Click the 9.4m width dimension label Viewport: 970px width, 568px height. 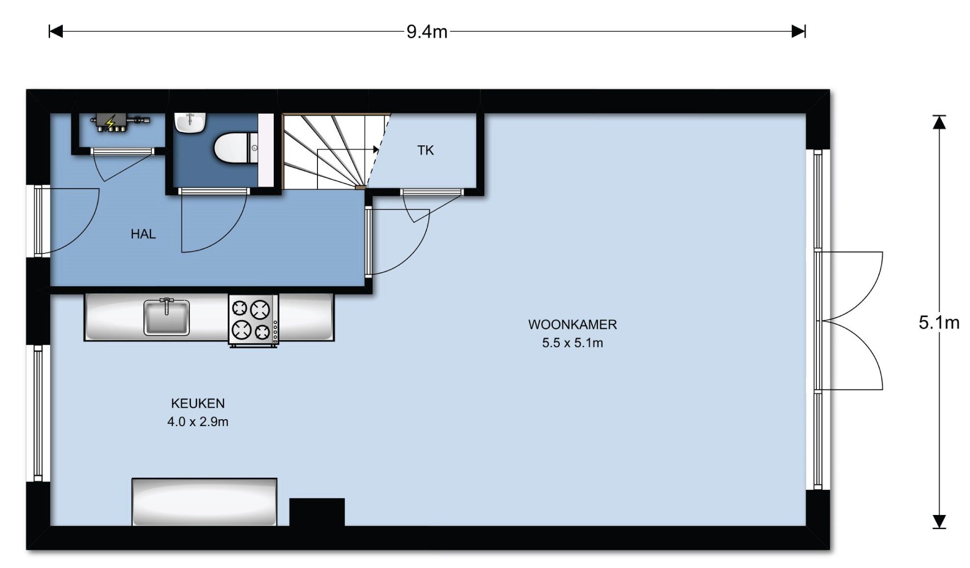pos(427,32)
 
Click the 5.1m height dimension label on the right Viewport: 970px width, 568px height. pos(939,323)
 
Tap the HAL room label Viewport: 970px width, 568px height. pos(143,234)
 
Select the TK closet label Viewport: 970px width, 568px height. pos(425,150)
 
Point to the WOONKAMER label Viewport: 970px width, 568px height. pos(573,325)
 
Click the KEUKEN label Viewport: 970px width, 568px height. pos(198,404)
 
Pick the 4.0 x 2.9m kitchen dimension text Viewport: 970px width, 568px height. pos(198,422)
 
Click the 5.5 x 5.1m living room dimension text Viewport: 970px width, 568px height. pos(573,343)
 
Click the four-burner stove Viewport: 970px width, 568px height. pos(253,320)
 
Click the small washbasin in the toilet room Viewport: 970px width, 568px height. pos(190,123)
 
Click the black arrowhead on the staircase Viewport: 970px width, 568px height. pos(376,150)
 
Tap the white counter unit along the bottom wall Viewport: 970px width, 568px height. pos(205,502)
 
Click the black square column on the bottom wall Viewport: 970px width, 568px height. pos(317,512)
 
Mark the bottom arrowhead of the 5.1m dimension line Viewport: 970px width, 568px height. pos(939,521)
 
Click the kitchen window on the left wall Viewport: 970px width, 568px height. pos(38,413)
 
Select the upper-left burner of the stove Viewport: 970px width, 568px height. pos(239,308)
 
